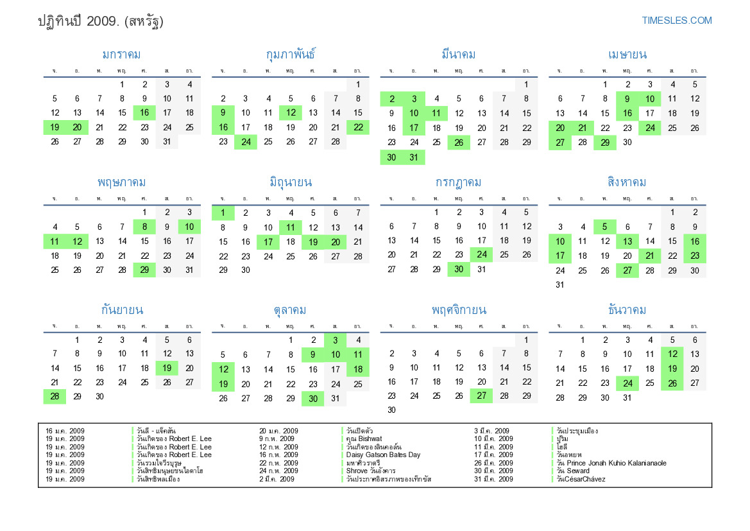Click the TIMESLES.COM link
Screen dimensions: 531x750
[x=677, y=21]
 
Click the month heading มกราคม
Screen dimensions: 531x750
[x=121, y=55]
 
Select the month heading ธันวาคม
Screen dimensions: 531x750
[x=627, y=310]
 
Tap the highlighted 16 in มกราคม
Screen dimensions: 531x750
[x=144, y=112]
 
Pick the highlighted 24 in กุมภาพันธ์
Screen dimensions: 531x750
[x=246, y=142]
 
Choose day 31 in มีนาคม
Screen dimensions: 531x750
[x=414, y=157]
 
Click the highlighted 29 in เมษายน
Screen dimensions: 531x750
[x=605, y=142]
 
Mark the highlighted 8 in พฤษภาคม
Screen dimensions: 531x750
[x=144, y=227]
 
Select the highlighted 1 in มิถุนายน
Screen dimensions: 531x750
[x=223, y=213]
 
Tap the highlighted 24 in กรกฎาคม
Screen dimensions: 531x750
[x=481, y=254]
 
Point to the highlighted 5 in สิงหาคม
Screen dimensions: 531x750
[x=605, y=227]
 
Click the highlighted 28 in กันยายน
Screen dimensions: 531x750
[x=55, y=396]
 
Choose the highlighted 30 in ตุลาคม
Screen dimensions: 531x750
[x=312, y=398]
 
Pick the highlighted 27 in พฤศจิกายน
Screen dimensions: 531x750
[x=481, y=396]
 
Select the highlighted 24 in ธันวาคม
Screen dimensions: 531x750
[x=627, y=384]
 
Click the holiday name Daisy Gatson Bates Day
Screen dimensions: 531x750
[x=383, y=455]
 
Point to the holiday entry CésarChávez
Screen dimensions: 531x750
[x=581, y=479]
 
